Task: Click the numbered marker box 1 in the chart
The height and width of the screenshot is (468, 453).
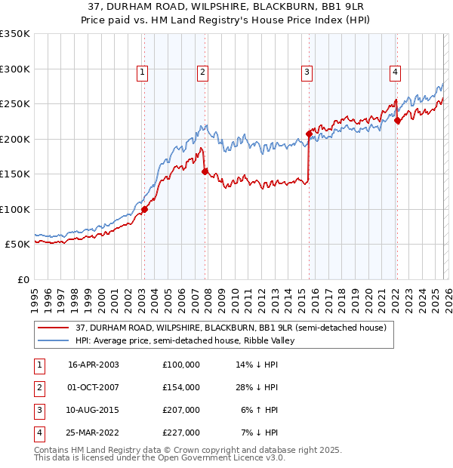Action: click(x=143, y=72)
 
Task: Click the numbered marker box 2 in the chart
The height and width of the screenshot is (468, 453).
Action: click(x=203, y=72)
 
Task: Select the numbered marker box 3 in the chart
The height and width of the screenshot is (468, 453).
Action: click(x=307, y=72)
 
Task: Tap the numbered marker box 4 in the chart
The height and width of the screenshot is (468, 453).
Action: click(x=395, y=72)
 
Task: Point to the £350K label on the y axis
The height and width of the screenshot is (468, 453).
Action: click(x=15, y=34)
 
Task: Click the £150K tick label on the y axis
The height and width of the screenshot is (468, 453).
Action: click(x=15, y=174)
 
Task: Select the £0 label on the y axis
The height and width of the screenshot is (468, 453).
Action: click(x=23, y=279)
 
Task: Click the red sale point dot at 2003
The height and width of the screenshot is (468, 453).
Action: click(x=144, y=210)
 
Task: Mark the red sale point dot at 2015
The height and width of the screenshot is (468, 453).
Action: click(x=309, y=134)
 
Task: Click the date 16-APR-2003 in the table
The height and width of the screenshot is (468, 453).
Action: click(x=94, y=365)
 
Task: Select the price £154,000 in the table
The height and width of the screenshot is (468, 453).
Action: click(x=180, y=387)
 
